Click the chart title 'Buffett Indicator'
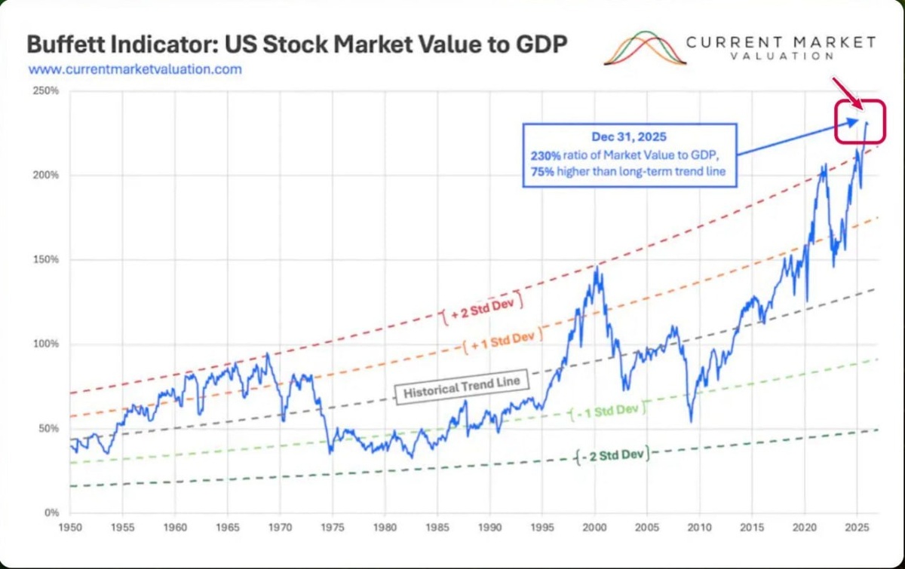121,44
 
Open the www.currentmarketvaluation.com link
135,69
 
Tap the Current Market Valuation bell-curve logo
645,48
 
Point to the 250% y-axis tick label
46,90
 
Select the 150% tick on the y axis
46,259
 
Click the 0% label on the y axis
52,513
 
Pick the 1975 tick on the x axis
333,528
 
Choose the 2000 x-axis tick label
595,528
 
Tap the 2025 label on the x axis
857,528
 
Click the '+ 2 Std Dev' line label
482,308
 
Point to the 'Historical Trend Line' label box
462,387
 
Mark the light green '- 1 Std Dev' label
608,411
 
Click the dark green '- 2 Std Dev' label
613,455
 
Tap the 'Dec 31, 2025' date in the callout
629,137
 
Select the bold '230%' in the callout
545,155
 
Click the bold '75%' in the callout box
542,172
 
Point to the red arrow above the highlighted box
848,93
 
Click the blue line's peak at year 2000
597,267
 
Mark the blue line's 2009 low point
692,422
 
